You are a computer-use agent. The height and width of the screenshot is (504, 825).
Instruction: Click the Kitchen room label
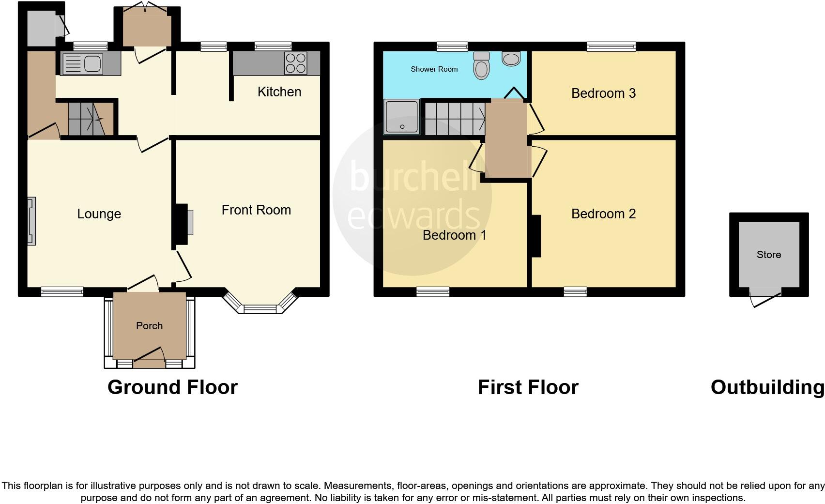(x=279, y=92)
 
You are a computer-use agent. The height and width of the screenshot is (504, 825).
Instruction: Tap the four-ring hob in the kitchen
(x=295, y=63)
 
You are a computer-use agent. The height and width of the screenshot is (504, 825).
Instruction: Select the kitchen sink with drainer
(x=82, y=64)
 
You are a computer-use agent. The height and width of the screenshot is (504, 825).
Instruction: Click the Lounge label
(x=99, y=214)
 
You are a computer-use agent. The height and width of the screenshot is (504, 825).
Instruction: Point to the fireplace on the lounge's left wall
(x=31, y=221)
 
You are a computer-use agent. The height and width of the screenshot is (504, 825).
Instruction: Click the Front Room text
(x=256, y=210)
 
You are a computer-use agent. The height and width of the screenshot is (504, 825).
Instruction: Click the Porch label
(x=149, y=325)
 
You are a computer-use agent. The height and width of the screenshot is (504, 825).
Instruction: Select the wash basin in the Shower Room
(x=511, y=59)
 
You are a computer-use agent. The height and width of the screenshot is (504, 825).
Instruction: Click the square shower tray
(x=401, y=117)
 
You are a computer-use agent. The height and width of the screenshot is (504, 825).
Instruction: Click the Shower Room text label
(x=434, y=69)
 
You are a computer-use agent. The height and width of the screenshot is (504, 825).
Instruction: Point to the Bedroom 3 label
(x=603, y=93)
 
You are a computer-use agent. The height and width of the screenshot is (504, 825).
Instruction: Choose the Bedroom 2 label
(x=603, y=214)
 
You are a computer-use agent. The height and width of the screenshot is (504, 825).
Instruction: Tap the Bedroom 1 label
(x=454, y=235)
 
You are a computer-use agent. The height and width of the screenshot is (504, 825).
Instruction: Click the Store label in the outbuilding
(x=768, y=254)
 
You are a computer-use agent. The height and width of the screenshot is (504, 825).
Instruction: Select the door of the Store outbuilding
(x=765, y=298)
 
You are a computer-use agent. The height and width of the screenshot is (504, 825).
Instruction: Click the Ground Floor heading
(x=172, y=387)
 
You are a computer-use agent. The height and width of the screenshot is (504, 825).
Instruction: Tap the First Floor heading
(x=528, y=387)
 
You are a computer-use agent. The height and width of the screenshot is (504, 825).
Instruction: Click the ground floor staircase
(x=86, y=119)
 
